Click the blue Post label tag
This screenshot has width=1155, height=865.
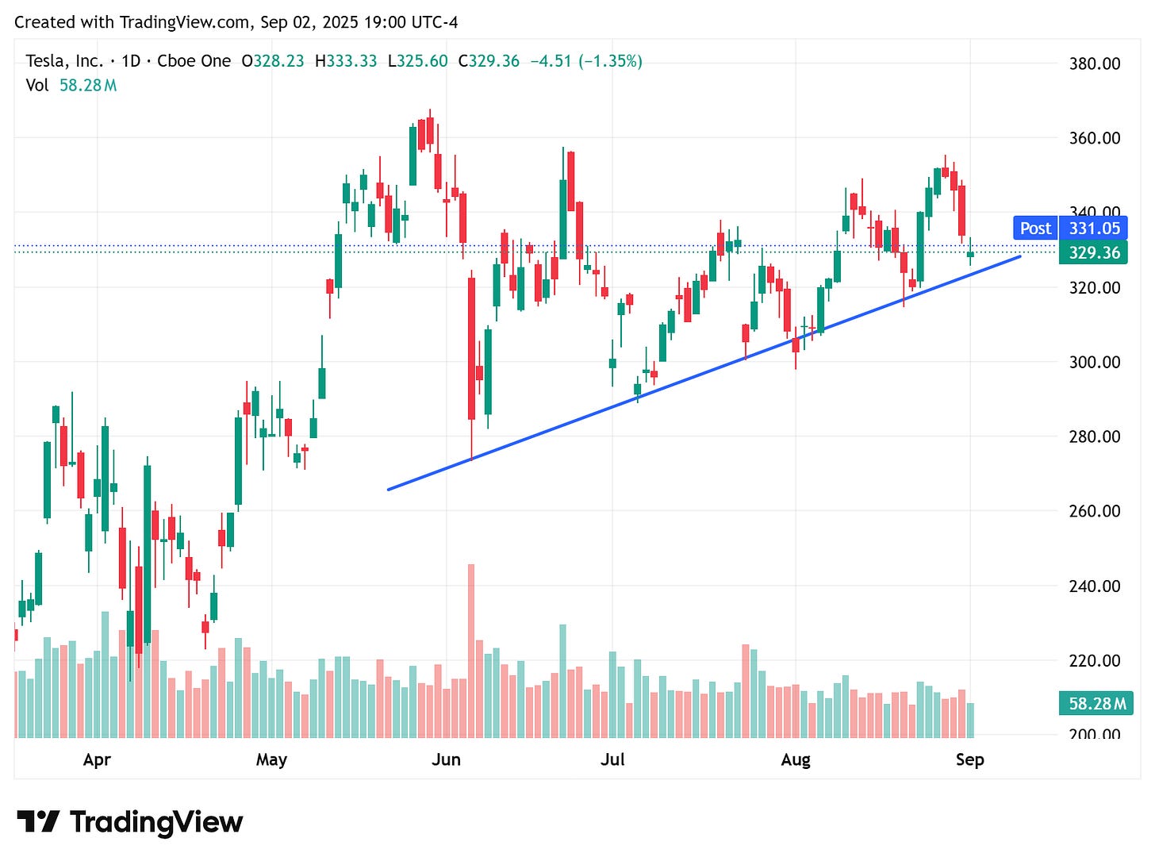tap(1035, 229)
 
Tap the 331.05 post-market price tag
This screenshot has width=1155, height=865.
tap(1094, 229)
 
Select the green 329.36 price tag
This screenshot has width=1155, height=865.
tap(1094, 253)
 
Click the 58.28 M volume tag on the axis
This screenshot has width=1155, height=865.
tap(1096, 703)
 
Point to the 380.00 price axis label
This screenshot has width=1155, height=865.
tap(1095, 64)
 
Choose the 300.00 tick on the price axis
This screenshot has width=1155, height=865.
tap(1095, 363)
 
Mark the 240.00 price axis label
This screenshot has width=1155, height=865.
tap(1095, 586)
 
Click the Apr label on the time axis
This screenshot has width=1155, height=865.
tap(97, 759)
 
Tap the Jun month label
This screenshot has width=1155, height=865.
tap(446, 759)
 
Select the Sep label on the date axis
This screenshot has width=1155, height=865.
tap(969, 759)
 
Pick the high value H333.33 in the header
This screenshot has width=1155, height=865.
tap(346, 61)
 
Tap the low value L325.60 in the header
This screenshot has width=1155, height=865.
tap(417, 61)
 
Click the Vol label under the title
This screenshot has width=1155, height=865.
tap(36, 85)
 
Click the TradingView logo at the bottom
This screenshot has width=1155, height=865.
tap(129, 822)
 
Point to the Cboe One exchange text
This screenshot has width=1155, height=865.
tap(194, 61)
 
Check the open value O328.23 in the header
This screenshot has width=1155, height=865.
tap(273, 61)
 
